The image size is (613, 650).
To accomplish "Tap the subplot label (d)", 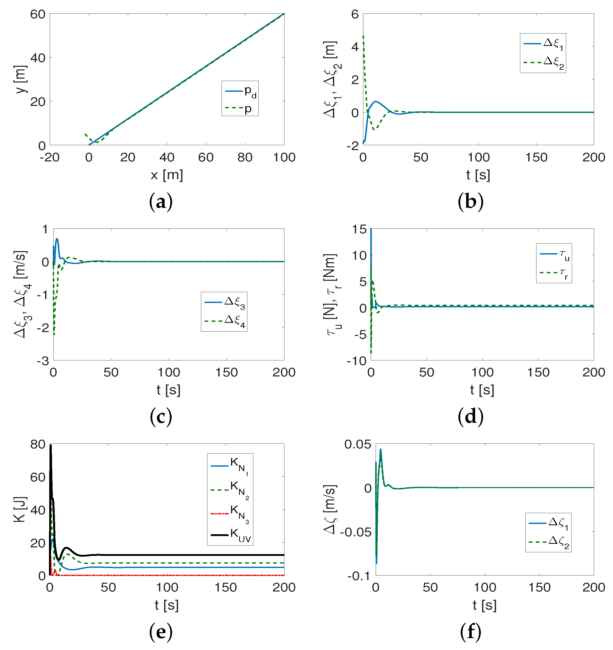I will coord(470,417).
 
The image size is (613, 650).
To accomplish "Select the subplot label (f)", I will coord(470,632).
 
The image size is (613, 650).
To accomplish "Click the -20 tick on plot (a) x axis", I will coord(50,158).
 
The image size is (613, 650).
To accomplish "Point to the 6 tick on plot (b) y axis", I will coord(355,14).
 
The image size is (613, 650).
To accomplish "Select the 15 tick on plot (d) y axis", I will coord(359,229).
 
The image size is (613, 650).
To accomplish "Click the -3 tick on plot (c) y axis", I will coord(43,361).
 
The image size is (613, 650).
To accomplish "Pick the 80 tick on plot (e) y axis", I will coord(38,444).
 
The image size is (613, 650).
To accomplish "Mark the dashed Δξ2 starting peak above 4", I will coord(363,37).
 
